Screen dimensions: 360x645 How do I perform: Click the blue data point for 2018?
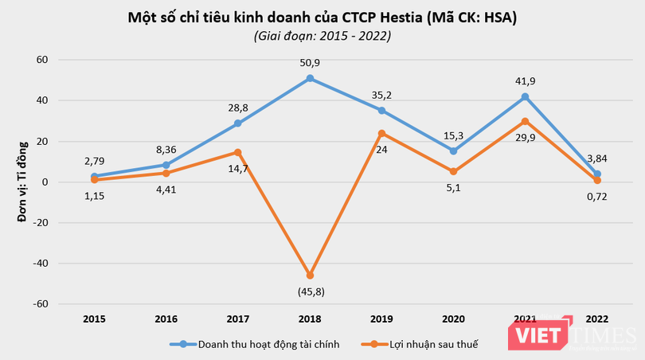click(x=310, y=78)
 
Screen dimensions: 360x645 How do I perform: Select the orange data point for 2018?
click(x=310, y=276)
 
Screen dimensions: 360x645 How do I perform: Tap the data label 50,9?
click(x=310, y=61)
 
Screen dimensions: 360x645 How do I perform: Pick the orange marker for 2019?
click(x=381, y=133)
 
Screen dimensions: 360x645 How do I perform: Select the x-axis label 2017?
click(x=238, y=319)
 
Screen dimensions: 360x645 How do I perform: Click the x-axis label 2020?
click(x=453, y=319)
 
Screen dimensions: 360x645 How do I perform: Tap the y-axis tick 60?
click(x=42, y=60)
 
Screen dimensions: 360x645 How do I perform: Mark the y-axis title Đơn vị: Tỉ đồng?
click(x=23, y=181)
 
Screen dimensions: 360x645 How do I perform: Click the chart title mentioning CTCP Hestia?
click(x=322, y=18)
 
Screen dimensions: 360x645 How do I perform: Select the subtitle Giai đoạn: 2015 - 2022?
click(x=322, y=36)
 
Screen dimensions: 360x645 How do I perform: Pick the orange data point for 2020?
click(x=453, y=171)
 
